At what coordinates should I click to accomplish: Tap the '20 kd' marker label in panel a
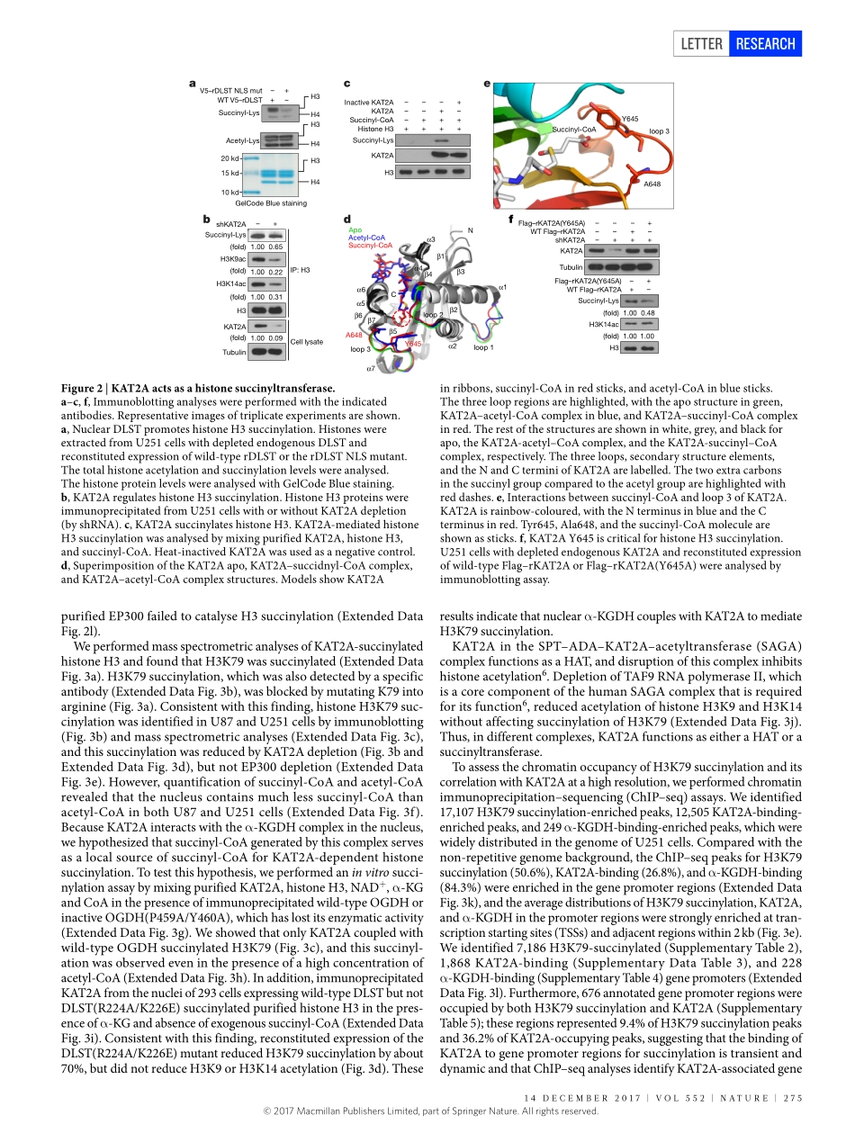[229, 159]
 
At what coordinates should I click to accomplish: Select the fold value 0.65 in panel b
[276, 247]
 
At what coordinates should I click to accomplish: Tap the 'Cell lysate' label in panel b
[307, 343]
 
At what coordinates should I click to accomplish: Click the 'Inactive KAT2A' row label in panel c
[369, 103]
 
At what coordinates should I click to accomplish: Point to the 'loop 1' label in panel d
[483, 347]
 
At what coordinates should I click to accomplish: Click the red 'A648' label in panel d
[354, 335]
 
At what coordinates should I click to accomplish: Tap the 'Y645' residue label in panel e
[630, 119]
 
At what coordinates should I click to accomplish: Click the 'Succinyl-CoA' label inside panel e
[573, 130]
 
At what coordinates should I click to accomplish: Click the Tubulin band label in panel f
[571, 267]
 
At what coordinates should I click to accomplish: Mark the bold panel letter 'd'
[347, 220]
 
